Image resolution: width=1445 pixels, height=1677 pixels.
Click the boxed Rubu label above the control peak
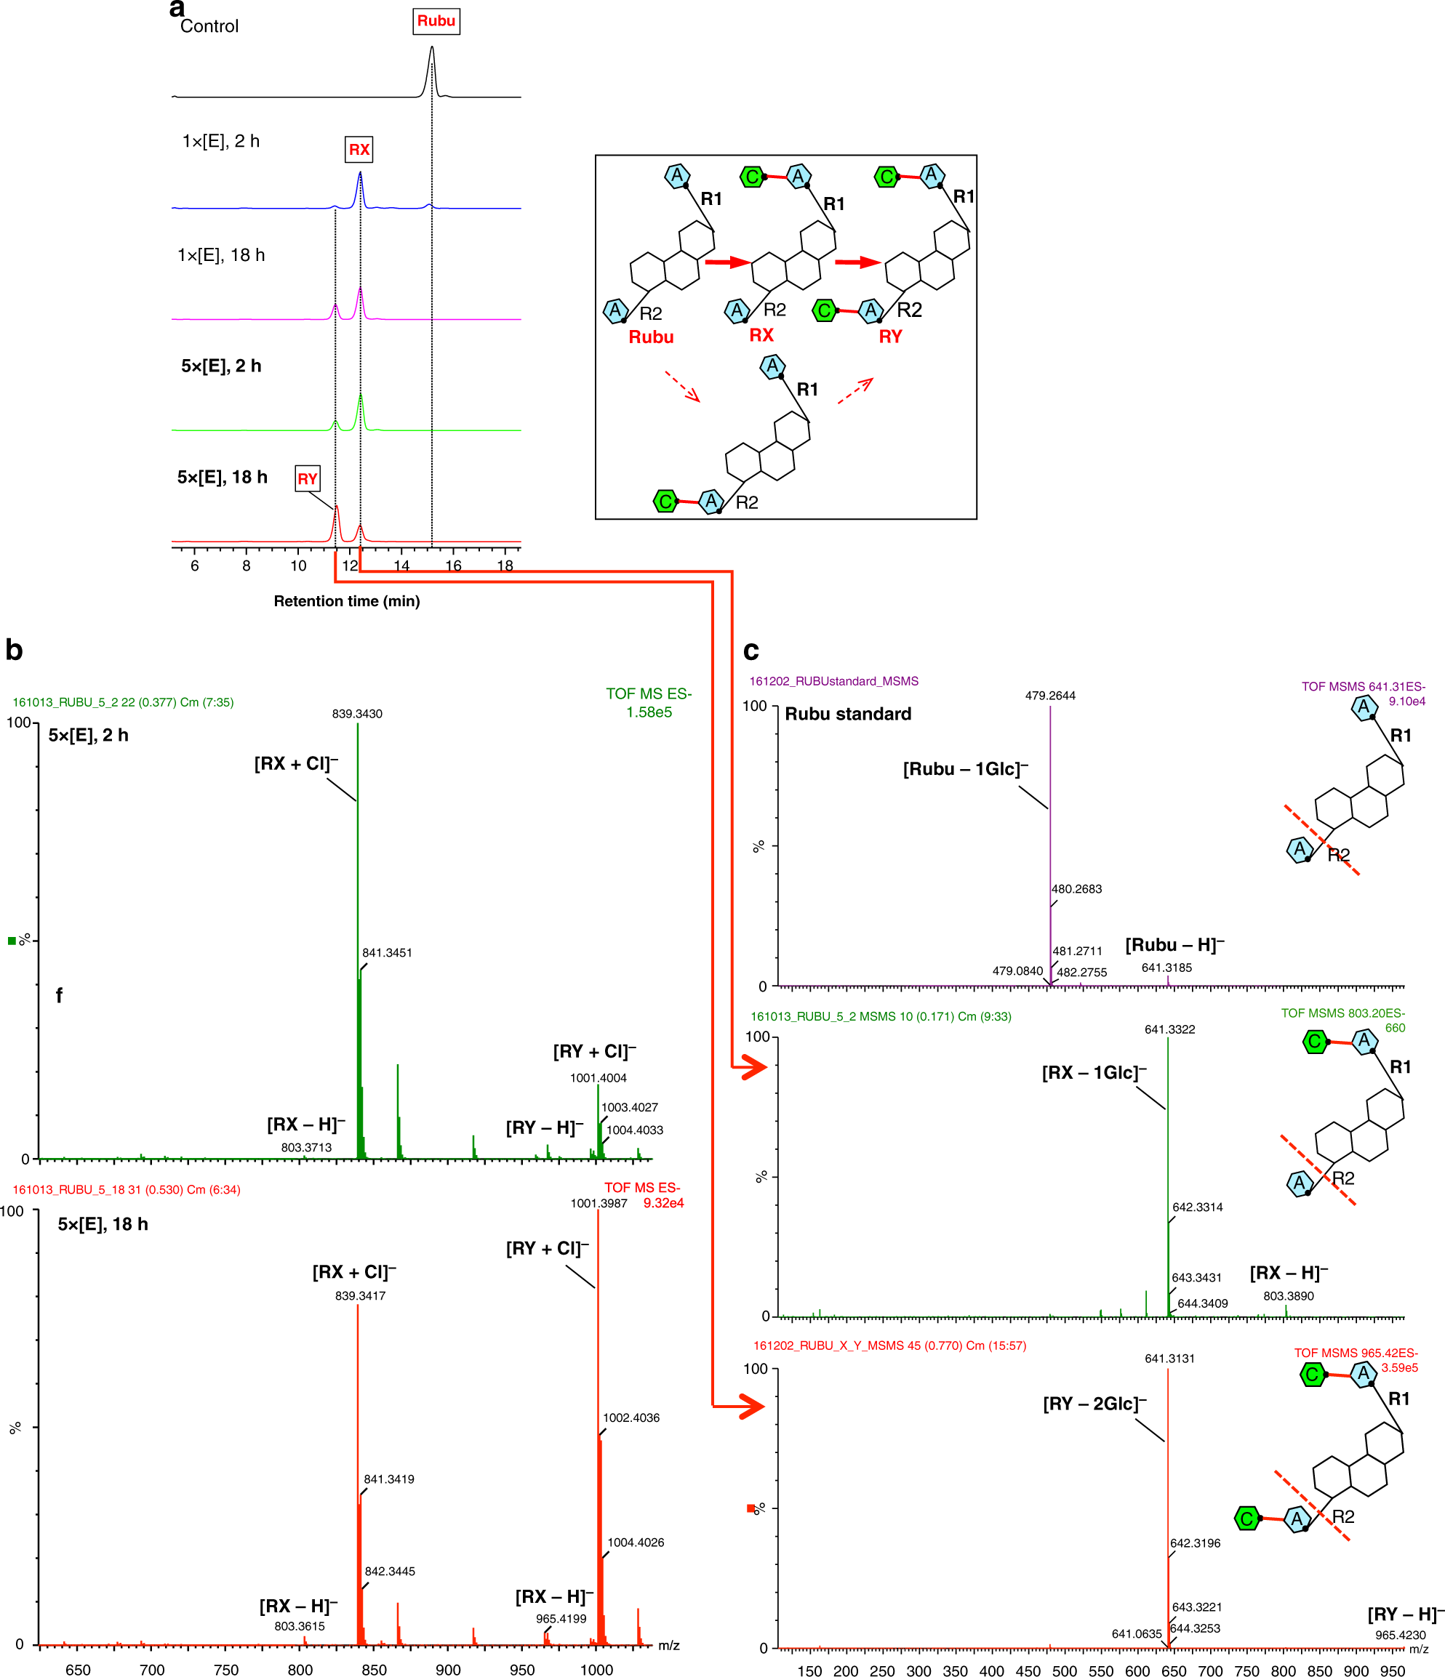tap(436, 21)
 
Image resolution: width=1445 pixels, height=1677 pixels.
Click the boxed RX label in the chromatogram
tap(359, 150)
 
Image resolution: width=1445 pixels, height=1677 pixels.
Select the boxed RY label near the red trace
tap(307, 479)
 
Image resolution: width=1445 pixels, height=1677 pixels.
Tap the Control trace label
tap(209, 26)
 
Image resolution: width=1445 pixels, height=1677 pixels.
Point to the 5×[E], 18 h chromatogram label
tap(222, 478)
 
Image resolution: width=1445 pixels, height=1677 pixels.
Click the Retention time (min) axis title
tap(346, 601)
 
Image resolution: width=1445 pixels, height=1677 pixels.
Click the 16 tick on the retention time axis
tap(453, 566)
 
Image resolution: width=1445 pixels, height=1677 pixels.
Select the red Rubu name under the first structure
tap(651, 337)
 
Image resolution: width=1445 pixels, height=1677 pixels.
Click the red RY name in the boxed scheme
tap(889, 337)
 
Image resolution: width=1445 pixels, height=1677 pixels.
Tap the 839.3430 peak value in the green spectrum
tap(357, 714)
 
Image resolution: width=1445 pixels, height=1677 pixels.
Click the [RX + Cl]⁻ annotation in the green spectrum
tap(296, 764)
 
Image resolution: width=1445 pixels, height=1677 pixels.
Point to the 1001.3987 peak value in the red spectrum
tap(599, 1204)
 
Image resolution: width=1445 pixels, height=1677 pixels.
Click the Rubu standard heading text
tap(847, 714)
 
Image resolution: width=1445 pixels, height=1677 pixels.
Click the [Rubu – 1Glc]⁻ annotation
tap(965, 770)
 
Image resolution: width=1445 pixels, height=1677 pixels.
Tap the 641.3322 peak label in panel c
tap(1169, 1029)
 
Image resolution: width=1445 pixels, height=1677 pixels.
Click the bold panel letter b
tap(14, 650)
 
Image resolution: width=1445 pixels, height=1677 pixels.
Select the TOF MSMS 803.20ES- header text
tap(1342, 1013)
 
